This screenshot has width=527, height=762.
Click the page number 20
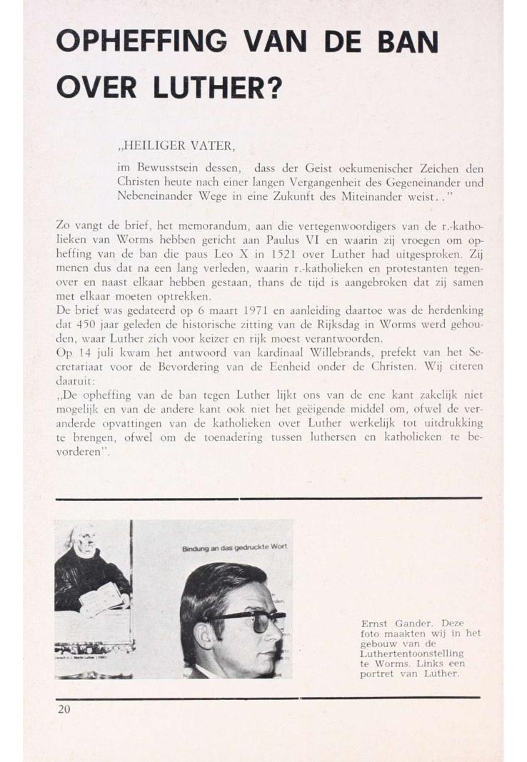pos(64,708)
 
